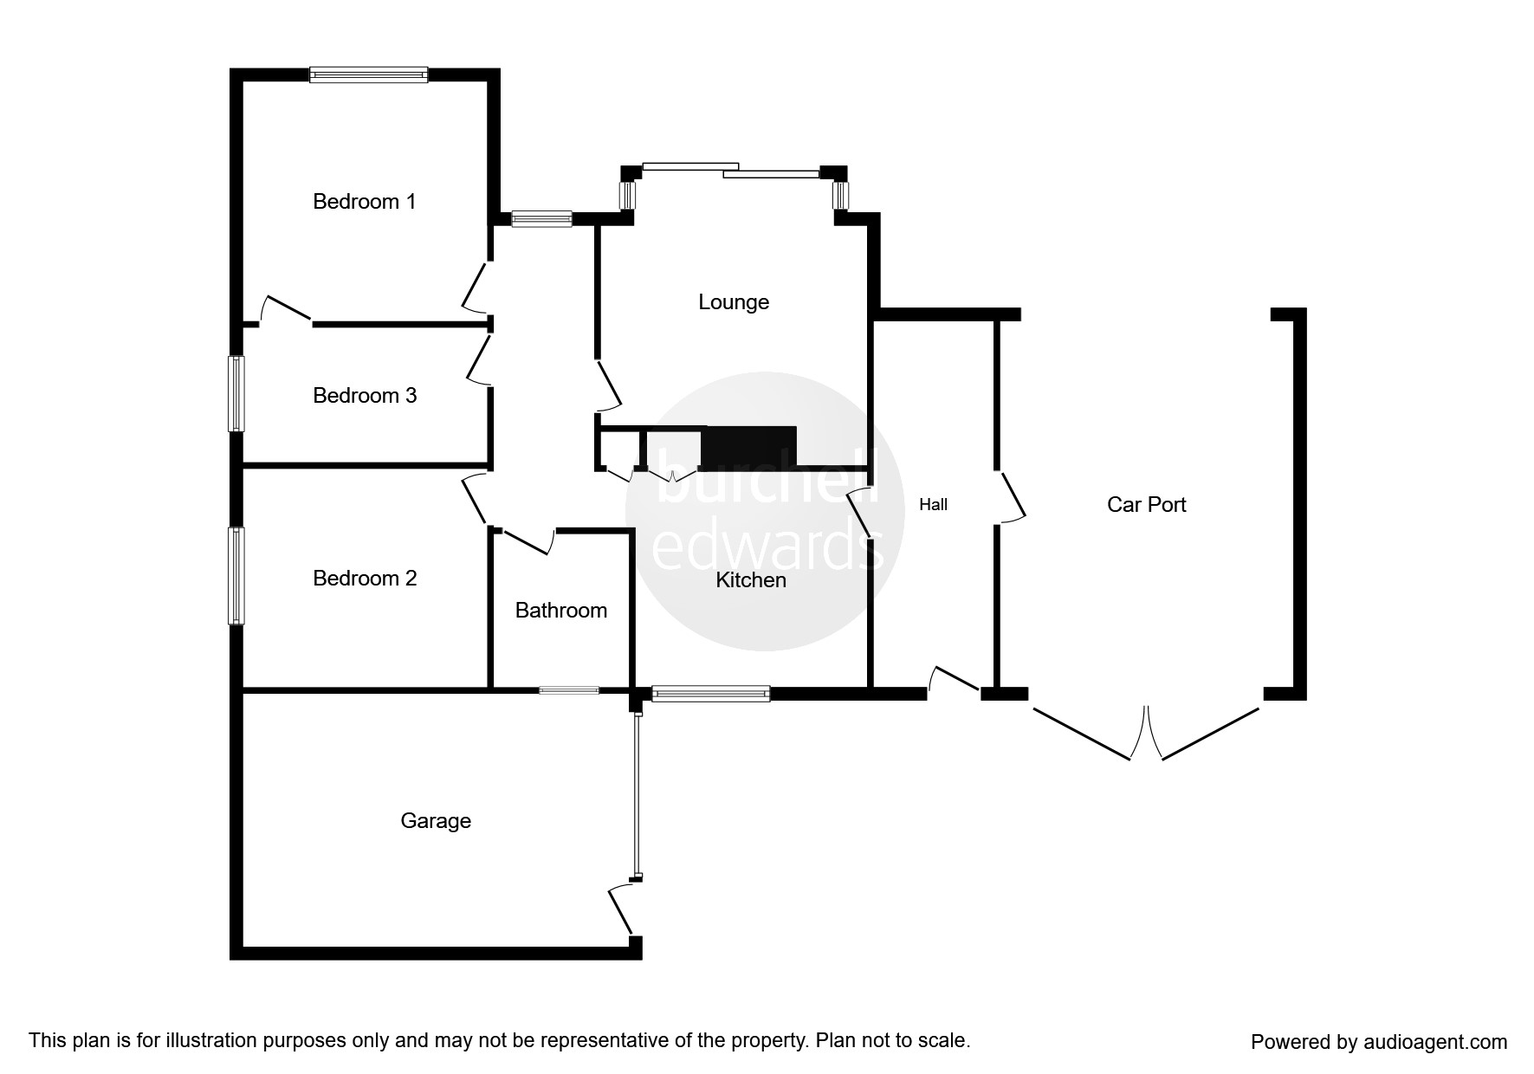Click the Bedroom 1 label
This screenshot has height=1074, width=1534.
point(364,202)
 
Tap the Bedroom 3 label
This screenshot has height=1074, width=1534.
point(364,396)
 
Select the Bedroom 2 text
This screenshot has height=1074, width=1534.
point(364,579)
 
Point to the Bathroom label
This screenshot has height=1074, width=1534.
point(560,611)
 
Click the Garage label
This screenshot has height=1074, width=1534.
point(436,821)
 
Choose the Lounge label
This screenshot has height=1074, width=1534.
point(734,302)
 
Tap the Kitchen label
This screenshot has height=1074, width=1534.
point(750,580)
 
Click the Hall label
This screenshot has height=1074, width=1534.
point(933,505)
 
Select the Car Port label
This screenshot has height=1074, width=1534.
point(1146,505)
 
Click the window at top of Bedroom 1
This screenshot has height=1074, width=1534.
point(368,75)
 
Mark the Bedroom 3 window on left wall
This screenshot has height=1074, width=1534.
point(236,393)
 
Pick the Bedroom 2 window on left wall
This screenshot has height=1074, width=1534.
point(236,575)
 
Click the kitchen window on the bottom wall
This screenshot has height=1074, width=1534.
point(710,693)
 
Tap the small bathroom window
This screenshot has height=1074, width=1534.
point(568,690)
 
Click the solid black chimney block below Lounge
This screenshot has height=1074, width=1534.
point(749,447)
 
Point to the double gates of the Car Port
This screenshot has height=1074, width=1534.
point(1146,733)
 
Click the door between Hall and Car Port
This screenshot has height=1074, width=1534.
point(1010,496)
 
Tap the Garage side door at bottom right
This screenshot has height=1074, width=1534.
point(622,909)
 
